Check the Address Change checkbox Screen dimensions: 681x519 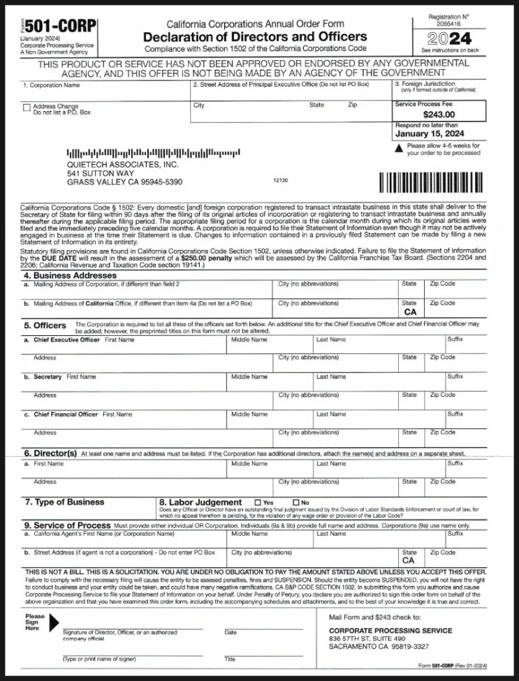click(26, 107)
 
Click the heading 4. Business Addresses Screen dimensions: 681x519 click(71, 275)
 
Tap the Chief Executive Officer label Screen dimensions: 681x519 click(67, 339)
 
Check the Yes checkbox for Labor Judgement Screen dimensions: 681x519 click(258, 502)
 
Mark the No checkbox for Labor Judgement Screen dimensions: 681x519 click(295, 502)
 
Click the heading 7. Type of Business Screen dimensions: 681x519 click(64, 501)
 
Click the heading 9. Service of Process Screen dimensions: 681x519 click(67, 525)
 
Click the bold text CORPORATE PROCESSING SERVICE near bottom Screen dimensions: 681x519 click(390, 631)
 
